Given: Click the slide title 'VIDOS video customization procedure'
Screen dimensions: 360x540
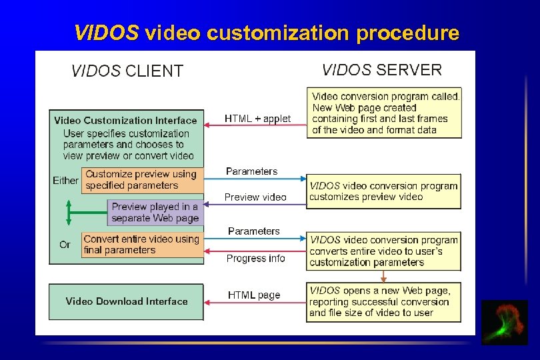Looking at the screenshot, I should tap(266, 33).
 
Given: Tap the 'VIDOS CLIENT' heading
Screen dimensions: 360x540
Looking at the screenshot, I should tap(127, 71).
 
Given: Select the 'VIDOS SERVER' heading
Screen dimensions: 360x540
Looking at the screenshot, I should tap(381, 70).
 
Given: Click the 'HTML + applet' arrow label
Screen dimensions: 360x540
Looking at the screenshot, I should tap(257, 119).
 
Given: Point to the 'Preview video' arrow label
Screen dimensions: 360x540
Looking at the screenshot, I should tap(255, 197).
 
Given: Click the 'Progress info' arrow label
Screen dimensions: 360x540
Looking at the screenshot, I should tap(255, 259).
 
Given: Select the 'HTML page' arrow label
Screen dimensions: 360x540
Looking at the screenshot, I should tap(254, 295).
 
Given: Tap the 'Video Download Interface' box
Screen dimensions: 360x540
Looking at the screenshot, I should tap(127, 302).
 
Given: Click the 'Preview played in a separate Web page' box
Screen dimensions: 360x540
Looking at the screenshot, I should tap(155, 213).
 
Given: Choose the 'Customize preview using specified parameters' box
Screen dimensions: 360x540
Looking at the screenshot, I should tap(142, 180).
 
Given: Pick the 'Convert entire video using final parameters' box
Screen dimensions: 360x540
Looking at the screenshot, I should tap(142, 245).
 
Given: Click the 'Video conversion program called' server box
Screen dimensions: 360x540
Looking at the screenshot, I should tap(383, 113).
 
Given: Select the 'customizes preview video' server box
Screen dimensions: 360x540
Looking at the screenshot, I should tap(383, 191).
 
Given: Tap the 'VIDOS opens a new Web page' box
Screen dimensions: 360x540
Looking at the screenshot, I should tap(383, 301).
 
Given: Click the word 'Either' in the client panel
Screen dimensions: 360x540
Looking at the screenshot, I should tap(65, 181).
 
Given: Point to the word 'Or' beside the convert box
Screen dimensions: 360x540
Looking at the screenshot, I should tap(65, 245).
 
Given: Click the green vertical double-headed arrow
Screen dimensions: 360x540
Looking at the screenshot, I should tap(67, 213).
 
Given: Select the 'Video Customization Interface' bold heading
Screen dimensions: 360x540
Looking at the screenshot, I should tap(125, 121).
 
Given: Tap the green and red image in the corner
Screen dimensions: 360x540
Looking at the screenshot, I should tap(505, 322).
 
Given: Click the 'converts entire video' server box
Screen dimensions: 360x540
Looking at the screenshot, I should tap(383, 251).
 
